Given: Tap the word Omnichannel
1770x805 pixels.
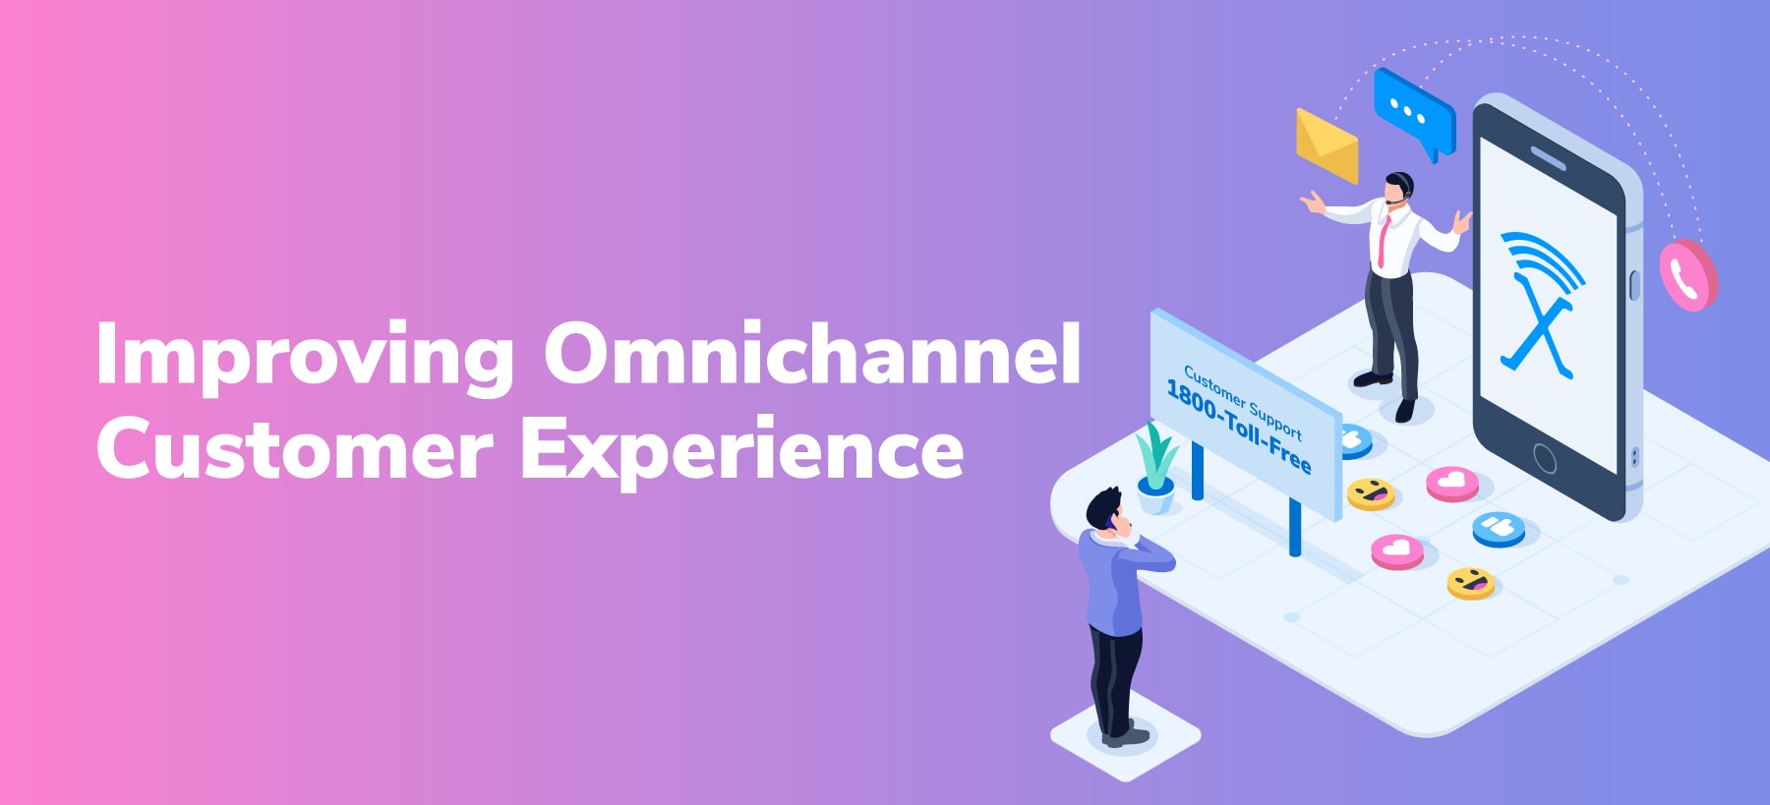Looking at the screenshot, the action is coord(813,352).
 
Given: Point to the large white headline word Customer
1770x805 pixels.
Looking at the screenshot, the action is coord(294,447).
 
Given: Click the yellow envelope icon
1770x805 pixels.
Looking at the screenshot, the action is coord(1327,145).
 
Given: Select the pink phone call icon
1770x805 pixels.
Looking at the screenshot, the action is coord(1687,276).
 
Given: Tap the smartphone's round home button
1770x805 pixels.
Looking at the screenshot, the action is coord(1545,458).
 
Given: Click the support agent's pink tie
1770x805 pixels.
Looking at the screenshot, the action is coord(1384,241).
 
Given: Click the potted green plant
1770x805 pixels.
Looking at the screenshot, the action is coord(1155,468).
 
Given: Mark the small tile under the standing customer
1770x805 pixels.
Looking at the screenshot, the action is coord(1126,737).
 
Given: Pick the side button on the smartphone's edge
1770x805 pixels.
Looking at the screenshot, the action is coord(1634,285).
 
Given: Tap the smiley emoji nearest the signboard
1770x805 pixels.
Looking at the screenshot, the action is coord(1371,492).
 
